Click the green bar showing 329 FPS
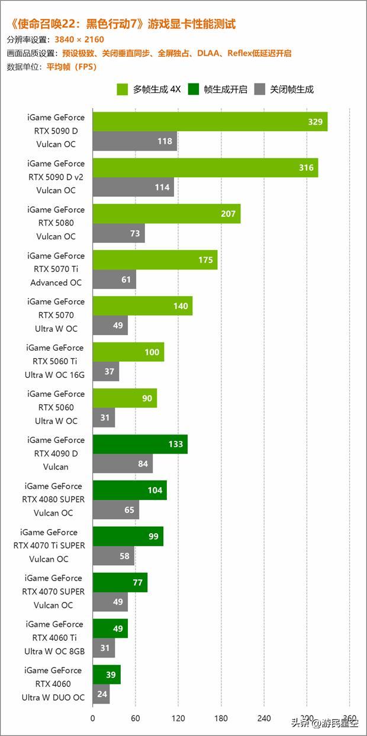[x=210, y=122]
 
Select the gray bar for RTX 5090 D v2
[x=133, y=187]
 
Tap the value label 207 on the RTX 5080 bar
[x=228, y=214]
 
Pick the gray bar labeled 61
[x=114, y=280]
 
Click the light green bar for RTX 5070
[x=143, y=306]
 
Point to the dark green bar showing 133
[x=140, y=445]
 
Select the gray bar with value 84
[x=123, y=464]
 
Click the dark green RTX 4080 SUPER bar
[x=130, y=490]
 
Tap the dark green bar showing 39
[x=107, y=675]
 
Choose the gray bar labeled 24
[x=101, y=694]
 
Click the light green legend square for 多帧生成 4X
[x=123, y=89]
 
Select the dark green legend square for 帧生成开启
[x=193, y=89]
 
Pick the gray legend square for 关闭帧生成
[x=259, y=89]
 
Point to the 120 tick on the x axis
[x=178, y=719]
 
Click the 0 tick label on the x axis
[x=93, y=719]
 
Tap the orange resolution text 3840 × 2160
[x=79, y=40]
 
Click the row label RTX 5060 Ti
[x=54, y=361]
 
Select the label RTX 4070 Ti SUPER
[x=49, y=546]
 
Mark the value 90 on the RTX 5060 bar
[x=147, y=398]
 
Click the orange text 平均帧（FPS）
[x=71, y=67]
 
